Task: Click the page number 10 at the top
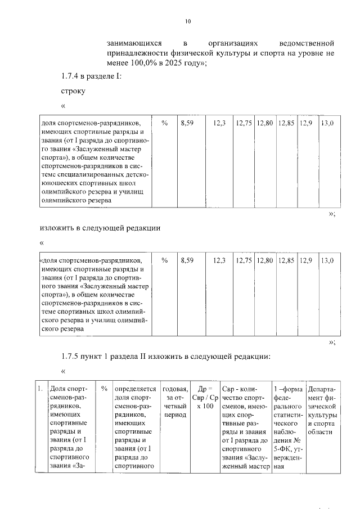188,22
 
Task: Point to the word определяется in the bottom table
135,389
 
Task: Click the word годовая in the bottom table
174,389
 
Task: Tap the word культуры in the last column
322,414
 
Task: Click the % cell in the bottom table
104,389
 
